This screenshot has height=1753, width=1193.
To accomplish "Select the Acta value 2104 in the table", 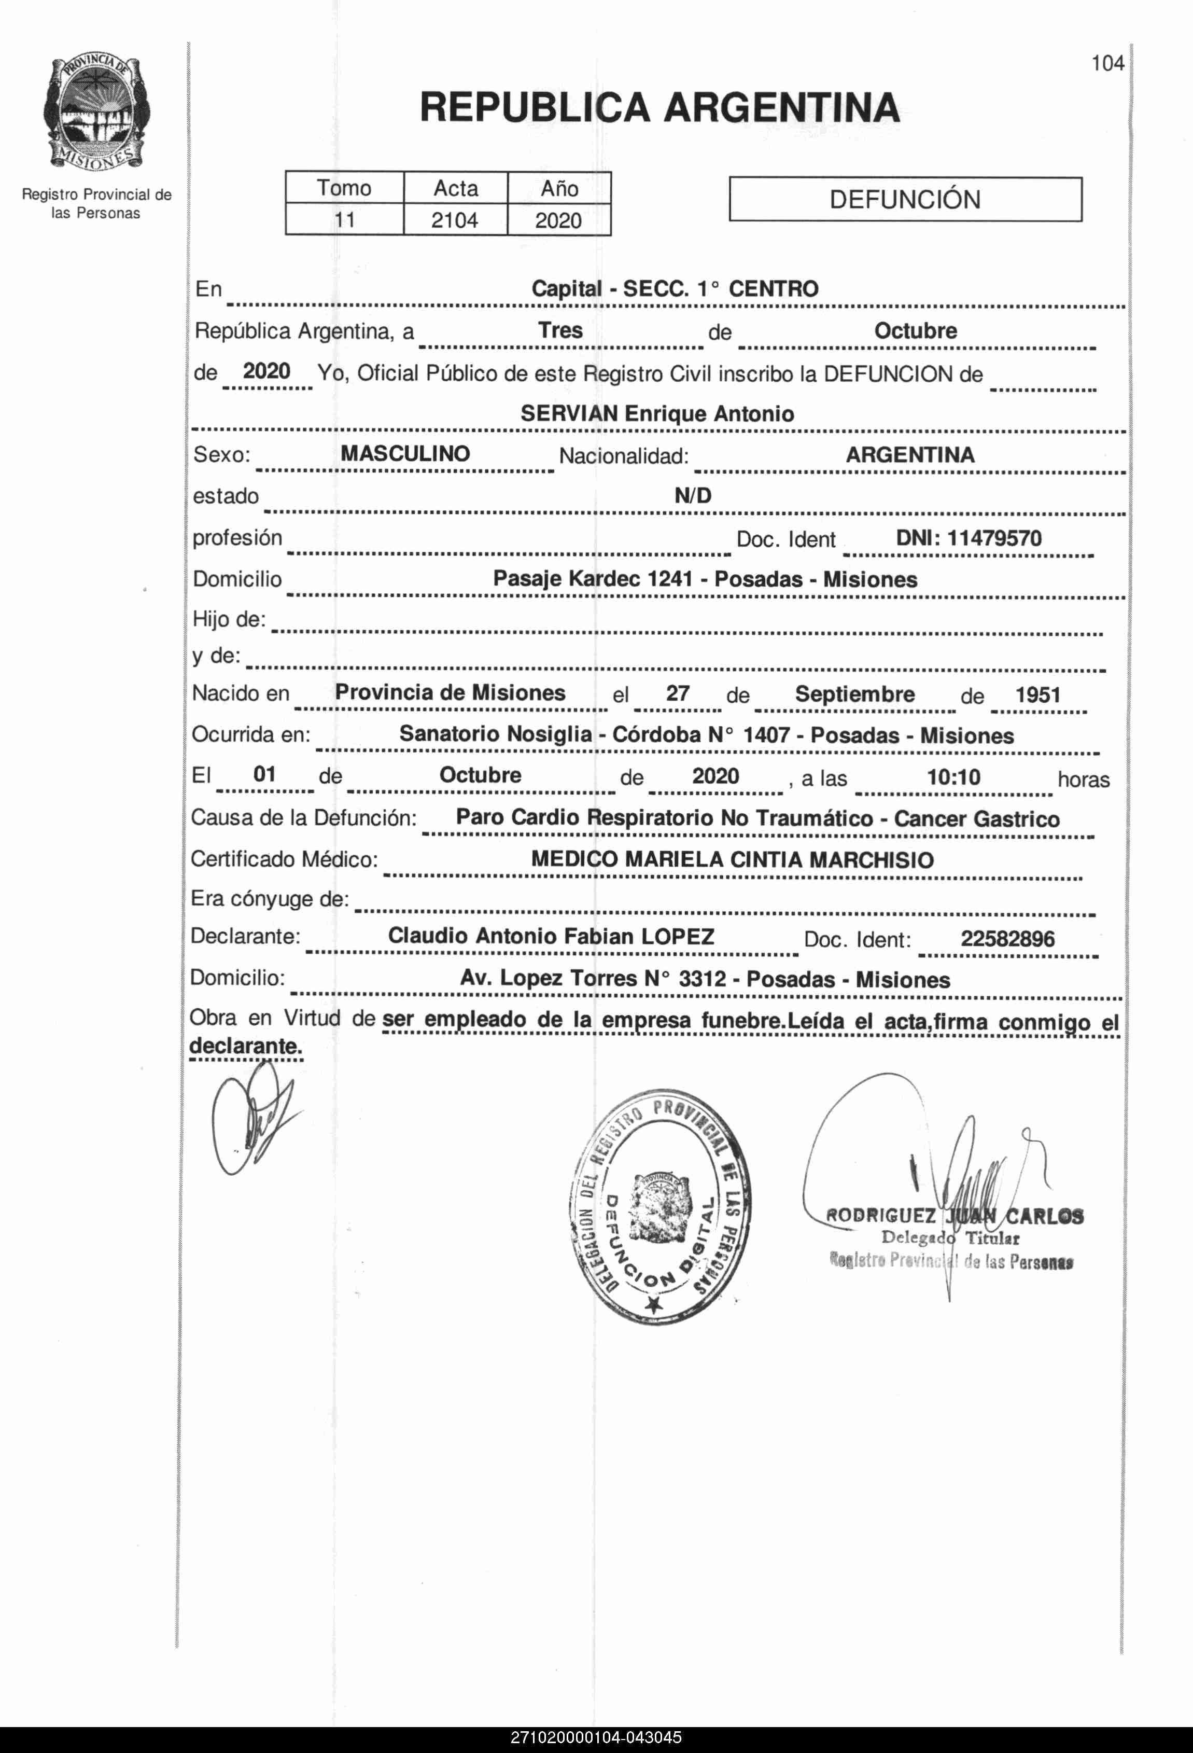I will pyautogui.click(x=455, y=220).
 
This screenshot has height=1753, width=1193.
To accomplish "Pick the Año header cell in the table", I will pyautogui.click(x=559, y=188).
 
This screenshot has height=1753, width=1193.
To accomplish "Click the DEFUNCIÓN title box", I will pyautogui.click(x=905, y=199).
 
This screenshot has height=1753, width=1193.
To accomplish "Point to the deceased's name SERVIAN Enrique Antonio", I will pyautogui.click(x=657, y=413).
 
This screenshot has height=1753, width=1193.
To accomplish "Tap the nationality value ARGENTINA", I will pyautogui.click(x=910, y=455).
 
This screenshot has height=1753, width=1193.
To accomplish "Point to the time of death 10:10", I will pyautogui.click(x=953, y=777).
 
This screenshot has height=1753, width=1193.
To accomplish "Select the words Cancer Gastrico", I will pyautogui.click(x=977, y=818).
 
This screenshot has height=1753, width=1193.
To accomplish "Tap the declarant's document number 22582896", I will pyautogui.click(x=1007, y=939).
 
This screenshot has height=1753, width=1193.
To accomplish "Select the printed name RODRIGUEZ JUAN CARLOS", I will pyautogui.click(x=955, y=1216).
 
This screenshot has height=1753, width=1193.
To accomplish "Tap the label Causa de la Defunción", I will pyautogui.click(x=303, y=818).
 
